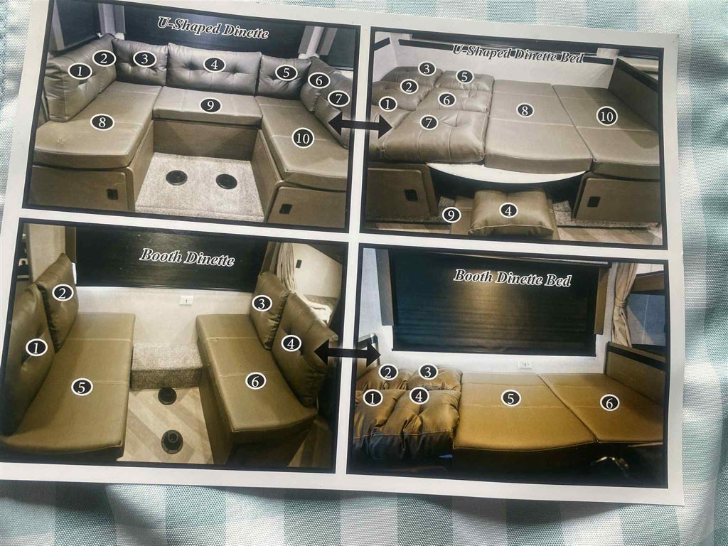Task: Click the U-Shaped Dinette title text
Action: click(x=213, y=28)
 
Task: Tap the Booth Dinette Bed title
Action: click(x=512, y=278)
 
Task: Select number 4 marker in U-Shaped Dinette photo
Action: click(x=214, y=65)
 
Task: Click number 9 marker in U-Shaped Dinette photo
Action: click(x=210, y=105)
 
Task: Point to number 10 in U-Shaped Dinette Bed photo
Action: click(x=607, y=116)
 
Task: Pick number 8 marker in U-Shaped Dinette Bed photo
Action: click(x=525, y=110)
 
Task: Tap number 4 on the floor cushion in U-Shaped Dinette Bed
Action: click(x=508, y=210)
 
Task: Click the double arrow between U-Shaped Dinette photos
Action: click(x=360, y=124)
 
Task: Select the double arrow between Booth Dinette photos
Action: click(x=348, y=354)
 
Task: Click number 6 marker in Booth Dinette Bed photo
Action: click(x=609, y=402)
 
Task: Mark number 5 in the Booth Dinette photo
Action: click(x=82, y=387)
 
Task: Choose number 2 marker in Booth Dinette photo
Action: click(x=63, y=293)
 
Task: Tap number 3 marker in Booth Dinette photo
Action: click(x=262, y=304)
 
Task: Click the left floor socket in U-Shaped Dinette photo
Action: click(x=176, y=177)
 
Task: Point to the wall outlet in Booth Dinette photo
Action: click(x=186, y=300)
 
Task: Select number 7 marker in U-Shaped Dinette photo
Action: click(x=338, y=98)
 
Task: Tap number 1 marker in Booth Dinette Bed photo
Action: click(x=373, y=397)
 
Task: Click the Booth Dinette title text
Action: click(x=187, y=257)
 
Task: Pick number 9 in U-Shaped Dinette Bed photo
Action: click(x=451, y=215)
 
